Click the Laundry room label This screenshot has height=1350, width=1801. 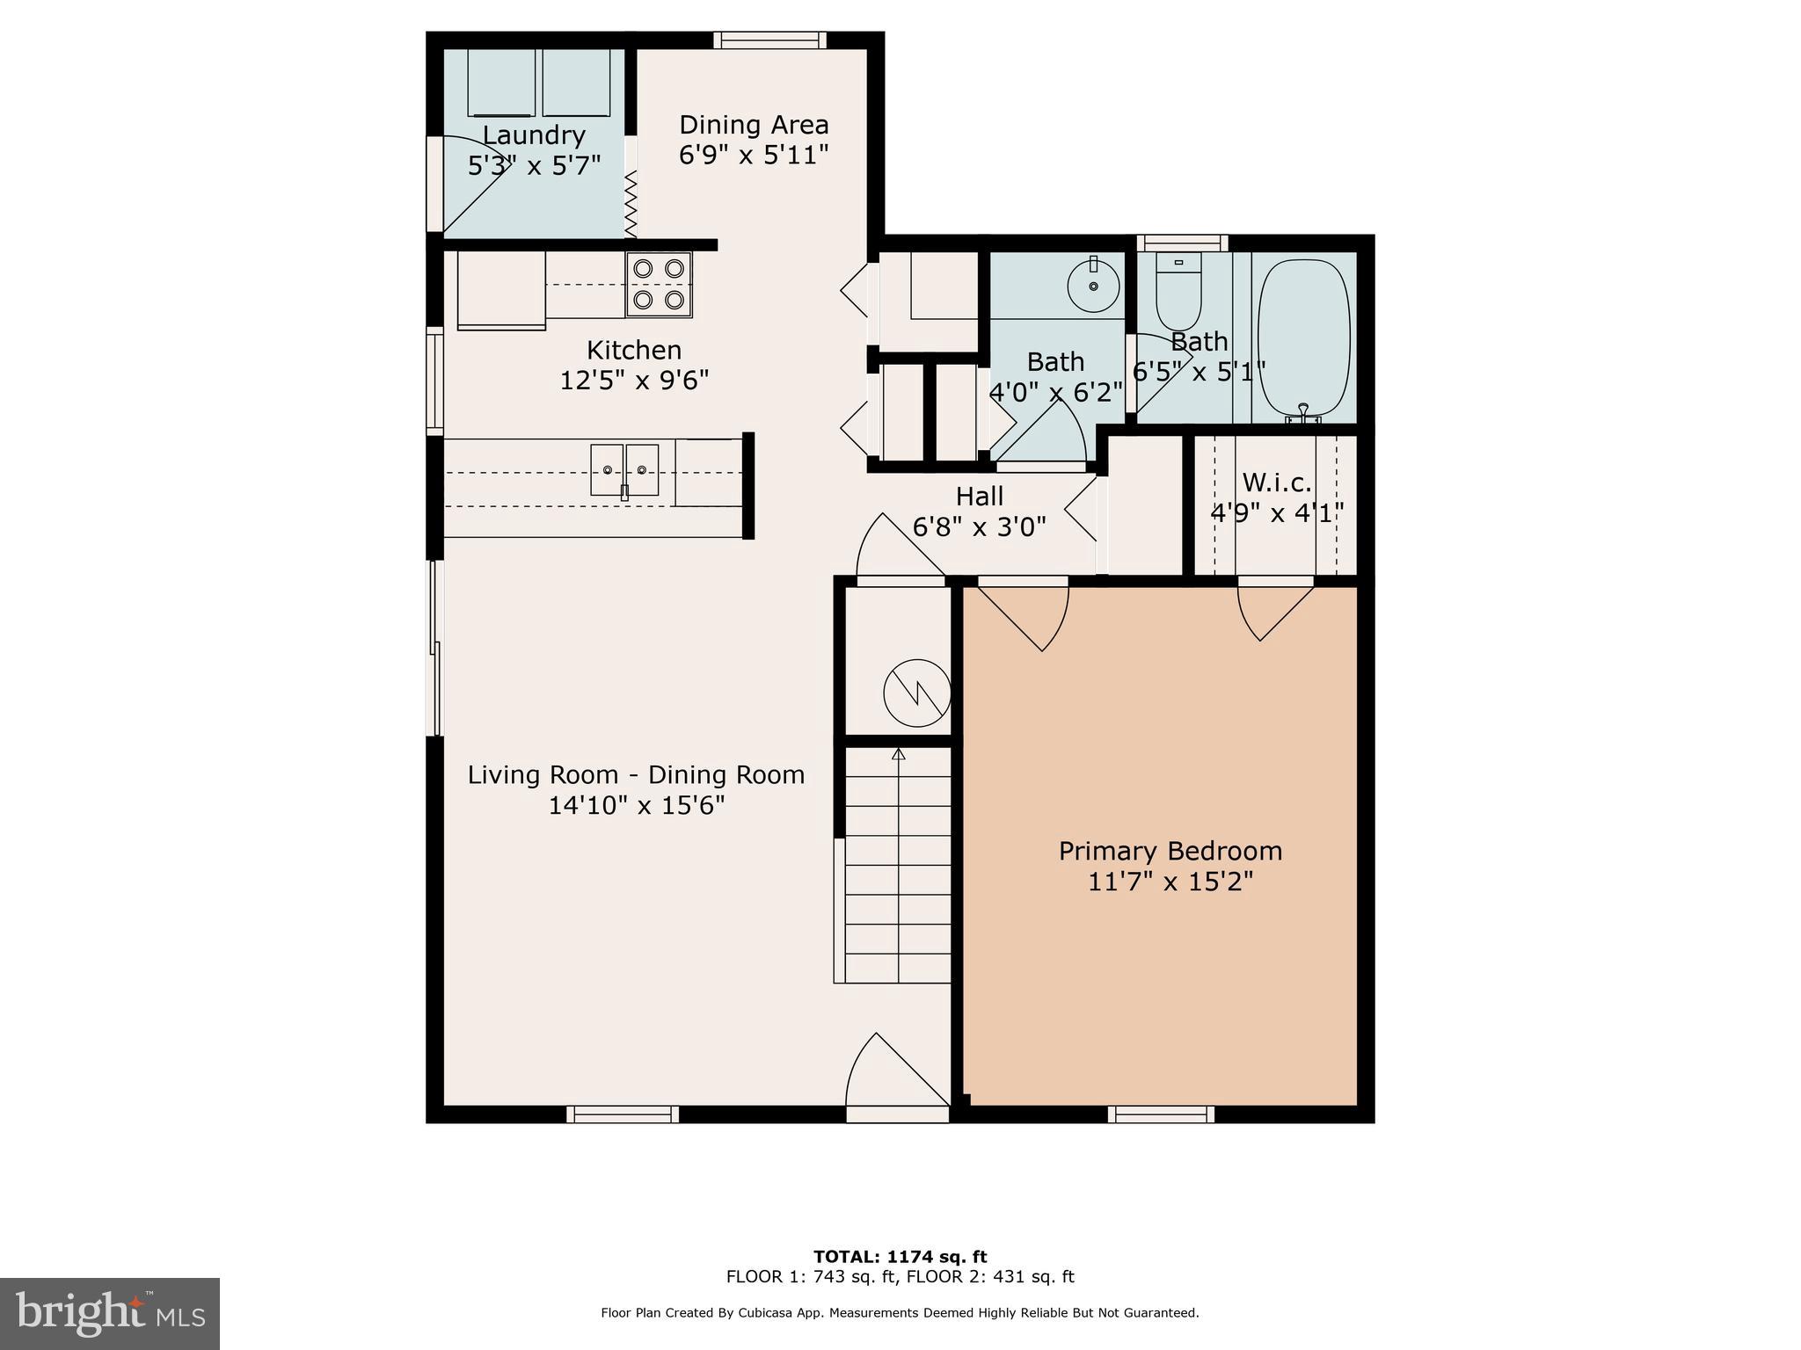pos(534,135)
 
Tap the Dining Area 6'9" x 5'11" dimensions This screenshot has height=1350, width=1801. pos(754,156)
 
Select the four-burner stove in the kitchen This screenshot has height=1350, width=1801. pos(659,284)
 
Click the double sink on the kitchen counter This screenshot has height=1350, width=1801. pos(624,470)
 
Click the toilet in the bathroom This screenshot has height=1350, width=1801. pos(1178,294)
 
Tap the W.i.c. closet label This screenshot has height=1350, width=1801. pos(1276,483)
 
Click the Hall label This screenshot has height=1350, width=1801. pos(980,497)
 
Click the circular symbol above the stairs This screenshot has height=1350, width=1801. pos(916,693)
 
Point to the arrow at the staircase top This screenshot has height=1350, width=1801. pos(898,754)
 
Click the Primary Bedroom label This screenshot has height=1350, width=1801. pos(1170,851)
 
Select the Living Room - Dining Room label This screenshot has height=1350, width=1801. pos(636,775)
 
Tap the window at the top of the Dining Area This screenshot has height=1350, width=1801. pos(769,40)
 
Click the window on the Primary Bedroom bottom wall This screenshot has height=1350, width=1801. pos(1161,1114)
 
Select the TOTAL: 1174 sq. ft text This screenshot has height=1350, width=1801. pos(900,1257)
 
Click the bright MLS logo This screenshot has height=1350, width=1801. pos(110,1314)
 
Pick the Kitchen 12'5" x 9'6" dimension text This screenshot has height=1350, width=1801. pos(634,381)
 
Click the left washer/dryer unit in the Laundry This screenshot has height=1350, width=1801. pos(500,83)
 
